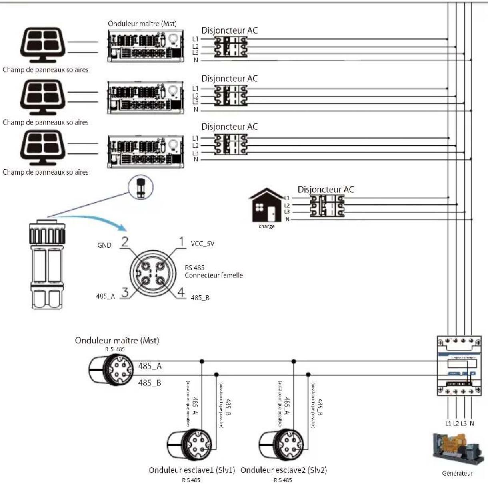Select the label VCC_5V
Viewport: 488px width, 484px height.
tap(202, 244)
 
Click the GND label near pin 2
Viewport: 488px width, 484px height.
tap(104, 245)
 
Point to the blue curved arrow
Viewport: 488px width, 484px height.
tap(96, 220)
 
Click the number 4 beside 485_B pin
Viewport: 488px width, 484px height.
tap(182, 292)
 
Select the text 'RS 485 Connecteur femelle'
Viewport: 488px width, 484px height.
tap(214, 271)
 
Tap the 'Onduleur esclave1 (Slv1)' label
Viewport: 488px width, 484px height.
tap(192, 470)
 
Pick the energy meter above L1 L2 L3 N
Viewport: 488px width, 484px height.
tap(458, 365)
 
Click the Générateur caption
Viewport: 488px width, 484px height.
tap(457, 474)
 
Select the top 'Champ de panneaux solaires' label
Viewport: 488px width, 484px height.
tap(46, 70)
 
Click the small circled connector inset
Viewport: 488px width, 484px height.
tap(141, 187)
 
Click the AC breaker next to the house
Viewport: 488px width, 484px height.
tap(327, 207)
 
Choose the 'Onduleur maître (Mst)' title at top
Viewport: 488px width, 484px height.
tap(142, 24)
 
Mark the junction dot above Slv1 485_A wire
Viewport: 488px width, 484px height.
tap(202, 361)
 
